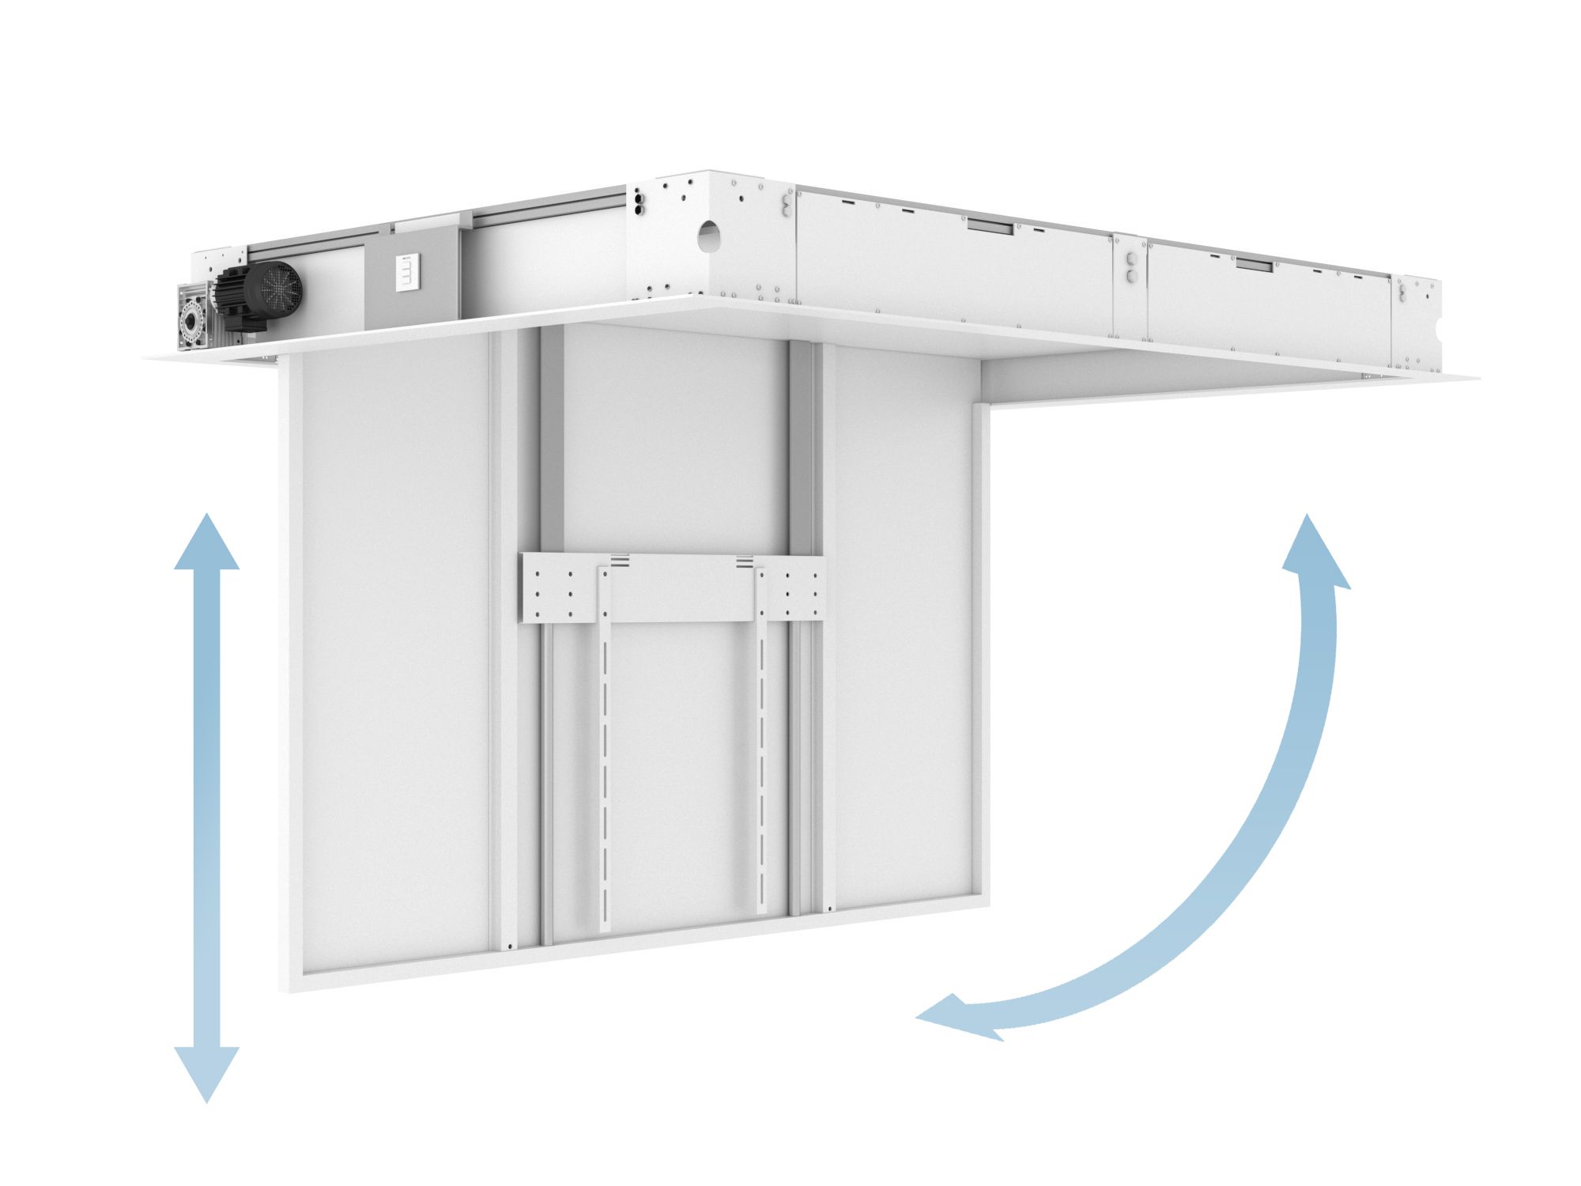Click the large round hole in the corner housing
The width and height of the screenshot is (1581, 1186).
click(709, 236)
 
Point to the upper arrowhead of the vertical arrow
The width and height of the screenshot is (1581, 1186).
click(206, 542)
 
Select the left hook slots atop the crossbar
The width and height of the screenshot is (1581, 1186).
click(619, 562)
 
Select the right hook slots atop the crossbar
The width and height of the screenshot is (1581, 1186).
click(744, 562)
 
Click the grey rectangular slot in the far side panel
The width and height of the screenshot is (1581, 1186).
click(1255, 265)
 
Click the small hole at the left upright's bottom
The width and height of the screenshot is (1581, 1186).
click(511, 946)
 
